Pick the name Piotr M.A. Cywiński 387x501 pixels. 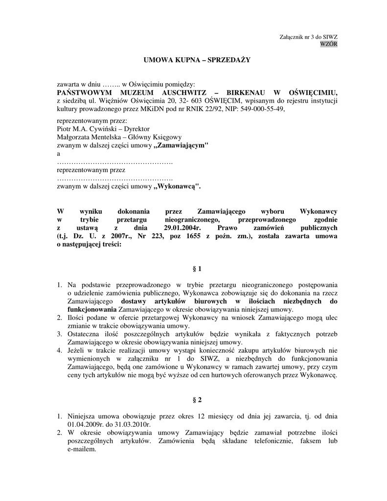point(86,129)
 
